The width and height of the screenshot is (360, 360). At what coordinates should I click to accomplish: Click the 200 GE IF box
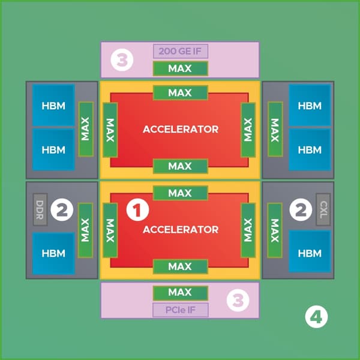pyautogui.click(x=181, y=51)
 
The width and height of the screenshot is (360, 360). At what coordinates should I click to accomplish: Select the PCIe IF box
pyautogui.click(x=181, y=310)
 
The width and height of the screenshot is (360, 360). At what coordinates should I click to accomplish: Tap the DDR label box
pyautogui.click(x=40, y=209)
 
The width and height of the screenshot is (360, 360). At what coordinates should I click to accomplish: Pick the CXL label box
pyautogui.click(x=323, y=209)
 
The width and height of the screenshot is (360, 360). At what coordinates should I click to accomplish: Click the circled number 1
pyautogui.click(x=137, y=210)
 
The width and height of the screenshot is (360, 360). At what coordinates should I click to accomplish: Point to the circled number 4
pyautogui.click(x=316, y=317)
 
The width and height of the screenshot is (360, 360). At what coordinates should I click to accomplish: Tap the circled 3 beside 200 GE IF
pyautogui.click(x=122, y=60)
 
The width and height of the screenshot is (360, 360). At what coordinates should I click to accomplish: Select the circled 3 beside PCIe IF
pyautogui.click(x=238, y=300)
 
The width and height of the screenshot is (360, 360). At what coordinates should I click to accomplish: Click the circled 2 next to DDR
pyautogui.click(x=62, y=209)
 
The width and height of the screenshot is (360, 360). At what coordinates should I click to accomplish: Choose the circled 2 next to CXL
pyautogui.click(x=301, y=209)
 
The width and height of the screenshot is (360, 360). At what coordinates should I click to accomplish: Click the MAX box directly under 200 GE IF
pyautogui.click(x=181, y=68)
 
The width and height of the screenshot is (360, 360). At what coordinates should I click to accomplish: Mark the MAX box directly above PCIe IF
pyautogui.click(x=181, y=293)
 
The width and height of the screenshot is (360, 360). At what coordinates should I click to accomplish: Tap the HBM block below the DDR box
pyautogui.click(x=53, y=253)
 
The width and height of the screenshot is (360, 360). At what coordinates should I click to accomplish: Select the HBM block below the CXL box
pyautogui.click(x=310, y=251)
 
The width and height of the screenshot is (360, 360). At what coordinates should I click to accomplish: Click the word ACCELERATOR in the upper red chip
pyautogui.click(x=181, y=129)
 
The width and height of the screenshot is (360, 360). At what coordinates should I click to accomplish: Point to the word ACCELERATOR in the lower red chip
pyautogui.click(x=181, y=230)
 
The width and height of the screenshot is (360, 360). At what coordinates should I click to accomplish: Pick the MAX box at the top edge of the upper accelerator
pyautogui.click(x=181, y=93)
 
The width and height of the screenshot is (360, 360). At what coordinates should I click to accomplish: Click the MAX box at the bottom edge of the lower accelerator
pyautogui.click(x=181, y=266)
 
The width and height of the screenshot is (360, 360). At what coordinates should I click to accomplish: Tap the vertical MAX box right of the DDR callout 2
pyautogui.click(x=85, y=230)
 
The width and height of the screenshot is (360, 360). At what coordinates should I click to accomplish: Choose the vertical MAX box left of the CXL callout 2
pyautogui.click(x=275, y=230)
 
